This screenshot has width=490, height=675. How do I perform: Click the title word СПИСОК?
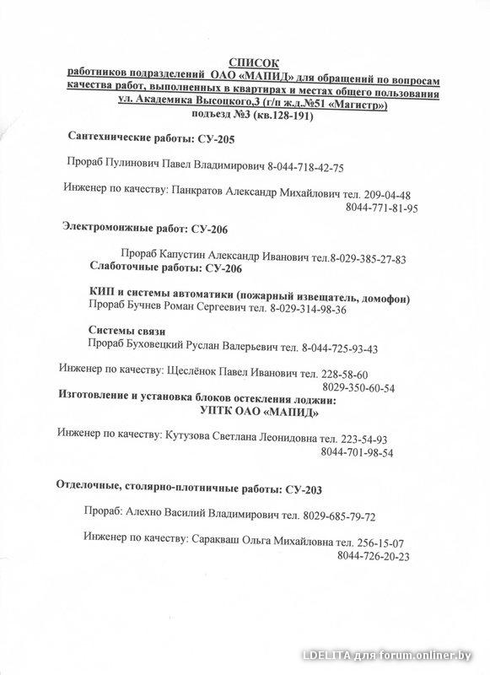coord(253,62)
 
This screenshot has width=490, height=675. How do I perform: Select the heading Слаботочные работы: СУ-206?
coord(165,268)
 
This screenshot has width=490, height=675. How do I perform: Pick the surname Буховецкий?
coord(163,348)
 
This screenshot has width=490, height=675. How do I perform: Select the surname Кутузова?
coord(192,439)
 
